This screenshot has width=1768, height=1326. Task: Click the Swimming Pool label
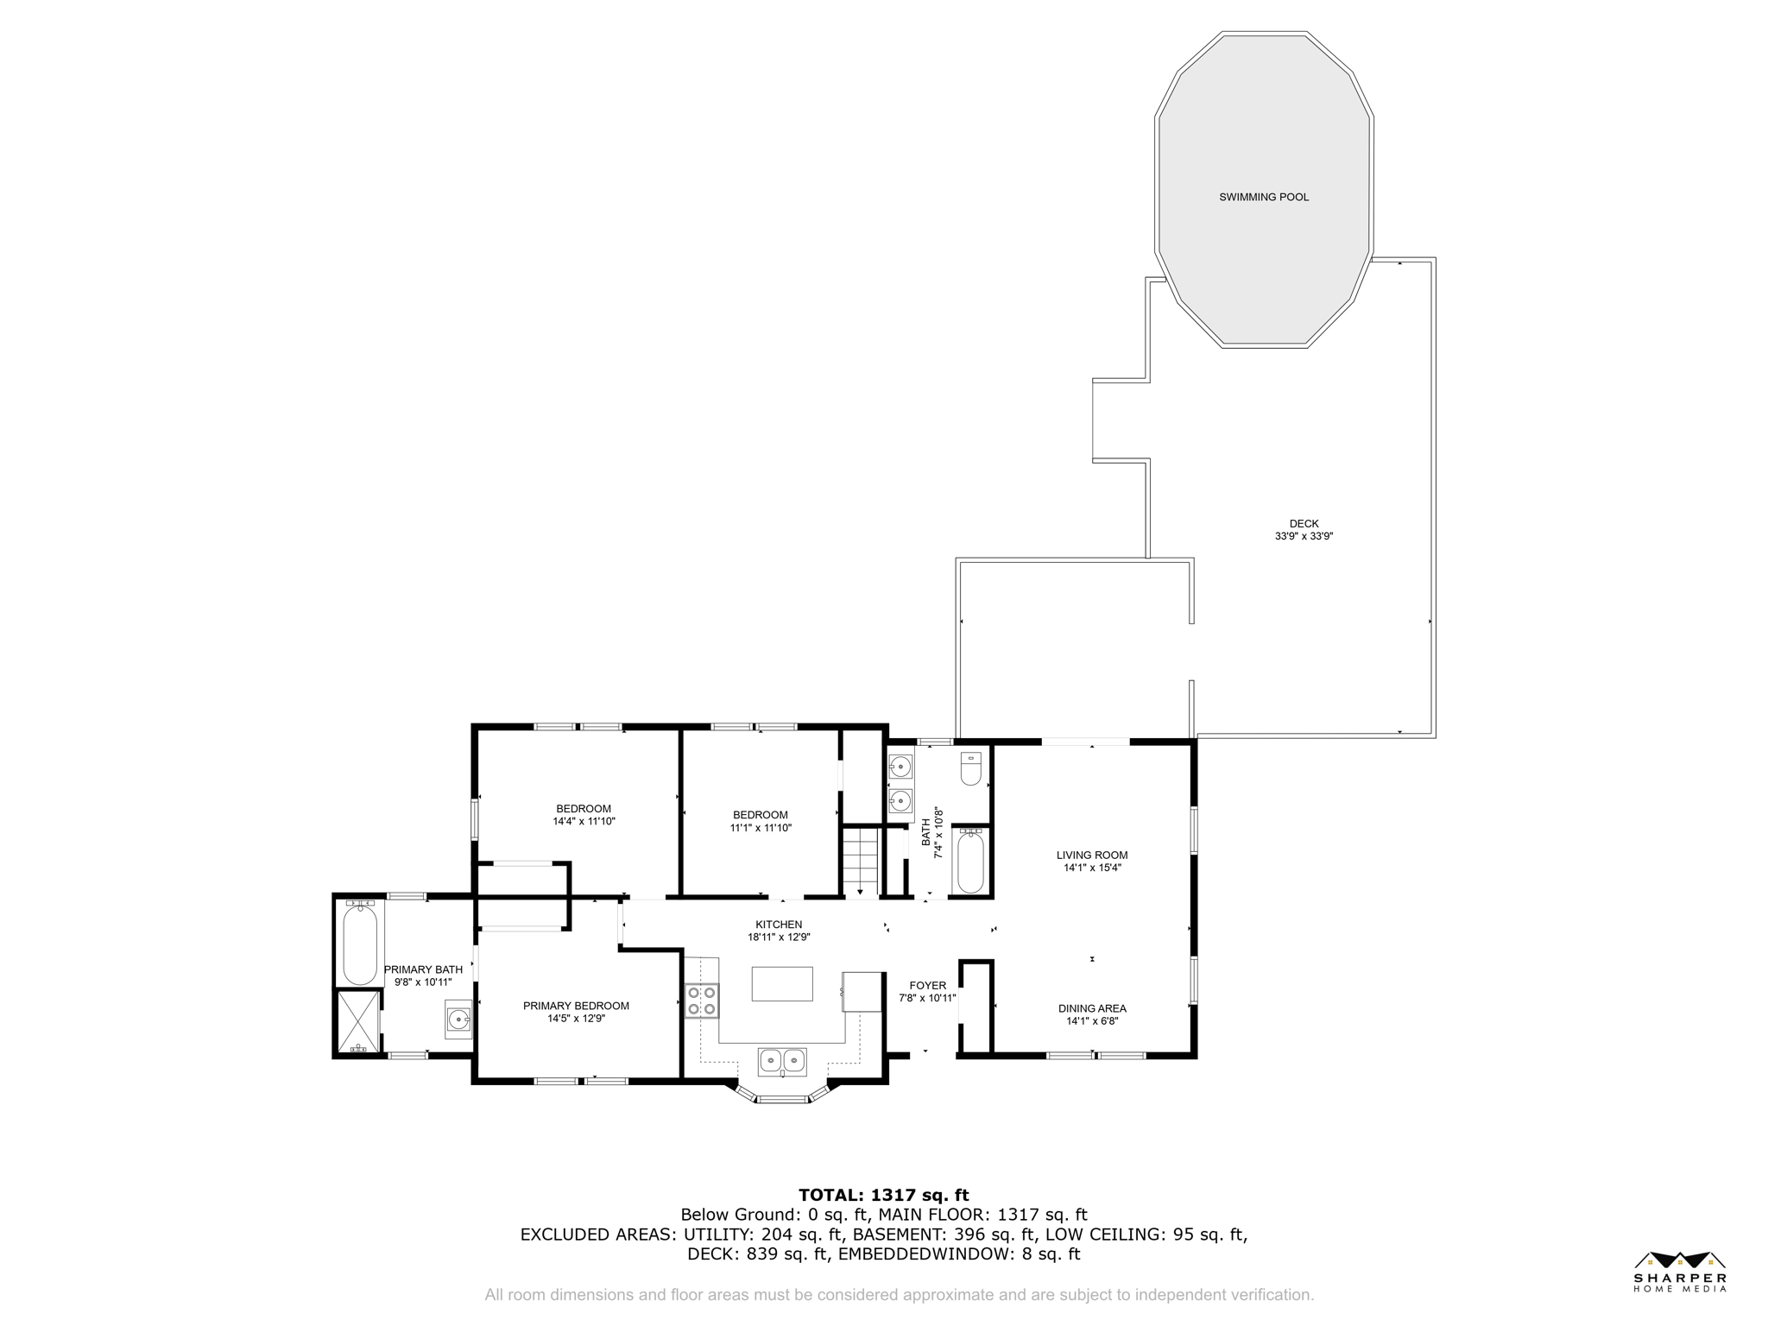tap(1264, 197)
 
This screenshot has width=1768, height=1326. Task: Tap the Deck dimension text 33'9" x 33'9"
tap(1304, 536)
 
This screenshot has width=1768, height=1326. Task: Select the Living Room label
tap(1092, 856)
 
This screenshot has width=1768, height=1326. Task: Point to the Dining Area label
tap(1092, 1008)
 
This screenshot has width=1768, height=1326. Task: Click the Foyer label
tap(928, 986)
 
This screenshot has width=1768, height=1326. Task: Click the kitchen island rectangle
tap(782, 984)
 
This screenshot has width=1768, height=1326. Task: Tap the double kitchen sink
tap(782, 1060)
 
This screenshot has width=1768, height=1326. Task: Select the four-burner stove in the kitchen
tap(702, 1001)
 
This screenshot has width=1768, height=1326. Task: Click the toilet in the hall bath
tap(971, 768)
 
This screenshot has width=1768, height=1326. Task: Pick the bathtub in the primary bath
tap(360, 943)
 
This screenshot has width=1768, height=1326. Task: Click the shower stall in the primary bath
tap(357, 1022)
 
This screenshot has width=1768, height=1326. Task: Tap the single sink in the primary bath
tap(458, 1020)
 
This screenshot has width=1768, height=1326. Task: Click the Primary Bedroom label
tap(576, 1006)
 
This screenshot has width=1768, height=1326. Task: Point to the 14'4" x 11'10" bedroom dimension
tap(584, 822)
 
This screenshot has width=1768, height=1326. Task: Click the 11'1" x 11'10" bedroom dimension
tap(761, 828)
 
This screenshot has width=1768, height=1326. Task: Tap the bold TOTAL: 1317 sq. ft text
tap(883, 1196)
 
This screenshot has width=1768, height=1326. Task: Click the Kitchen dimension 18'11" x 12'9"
tap(779, 938)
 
